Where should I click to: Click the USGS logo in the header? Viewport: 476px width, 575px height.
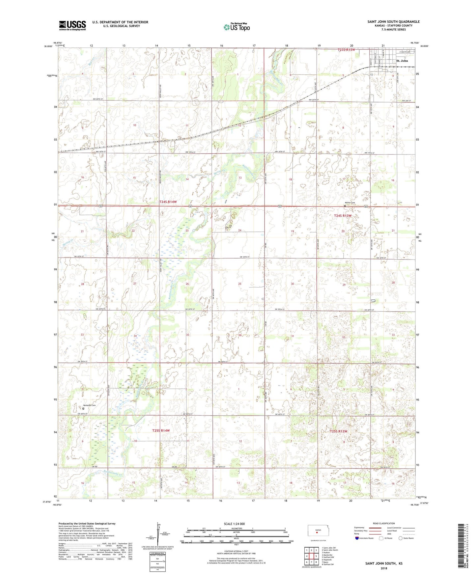coord(72,25)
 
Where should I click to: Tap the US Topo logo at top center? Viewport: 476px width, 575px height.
coord(237,27)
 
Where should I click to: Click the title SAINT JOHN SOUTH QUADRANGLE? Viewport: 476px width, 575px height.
coord(393,22)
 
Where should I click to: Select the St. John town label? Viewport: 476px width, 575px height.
coord(402,61)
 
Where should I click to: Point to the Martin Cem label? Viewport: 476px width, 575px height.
coord(350,203)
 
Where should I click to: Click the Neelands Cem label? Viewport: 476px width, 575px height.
coord(89,405)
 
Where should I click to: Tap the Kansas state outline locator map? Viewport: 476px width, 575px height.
coord(318,531)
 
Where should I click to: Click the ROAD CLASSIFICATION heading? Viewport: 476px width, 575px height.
coord(384,523)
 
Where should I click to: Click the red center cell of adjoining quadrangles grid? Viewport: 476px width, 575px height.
coord(311,556)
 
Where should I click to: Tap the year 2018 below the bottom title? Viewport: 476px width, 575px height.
coord(384,568)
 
